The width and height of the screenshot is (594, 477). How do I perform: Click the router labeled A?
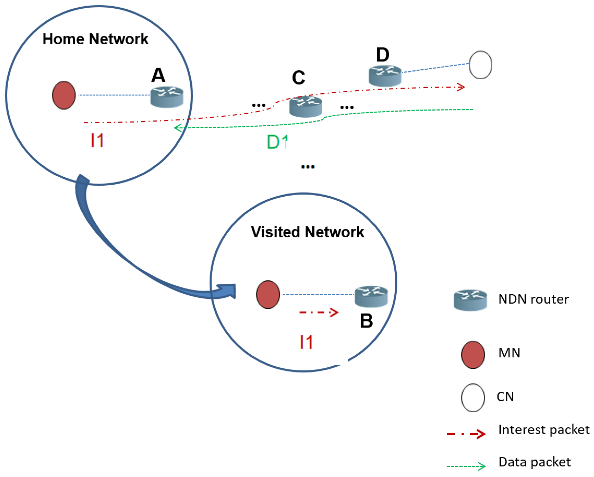tap(167, 97)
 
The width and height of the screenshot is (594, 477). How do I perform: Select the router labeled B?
tap(371, 297)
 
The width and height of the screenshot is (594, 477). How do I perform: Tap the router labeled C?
tap(306, 107)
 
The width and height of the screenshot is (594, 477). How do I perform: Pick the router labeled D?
tap(385, 76)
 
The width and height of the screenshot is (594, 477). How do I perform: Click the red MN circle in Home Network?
tap(64, 95)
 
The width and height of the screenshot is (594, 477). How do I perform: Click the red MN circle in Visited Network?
tap(268, 294)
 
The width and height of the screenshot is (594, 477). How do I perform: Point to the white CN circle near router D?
tap(481, 65)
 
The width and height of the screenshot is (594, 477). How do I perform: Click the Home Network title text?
tap(95, 39)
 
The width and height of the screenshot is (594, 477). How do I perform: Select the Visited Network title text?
tap(307, 232)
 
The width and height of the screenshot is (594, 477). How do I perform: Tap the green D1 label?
tap(277, 142)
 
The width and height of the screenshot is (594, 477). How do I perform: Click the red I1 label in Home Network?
tap(97, 140)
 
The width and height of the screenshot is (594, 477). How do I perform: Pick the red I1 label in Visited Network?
tap(306, 342)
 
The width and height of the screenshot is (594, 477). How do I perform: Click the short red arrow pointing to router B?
tap(318, 312)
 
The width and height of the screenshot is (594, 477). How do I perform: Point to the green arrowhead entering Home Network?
tap(178, 128)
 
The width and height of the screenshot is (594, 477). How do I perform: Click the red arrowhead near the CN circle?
tap(461, 87)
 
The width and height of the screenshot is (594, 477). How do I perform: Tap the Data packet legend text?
tap(535, 462)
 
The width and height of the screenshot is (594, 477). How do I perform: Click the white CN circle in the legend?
tap(473, 398)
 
